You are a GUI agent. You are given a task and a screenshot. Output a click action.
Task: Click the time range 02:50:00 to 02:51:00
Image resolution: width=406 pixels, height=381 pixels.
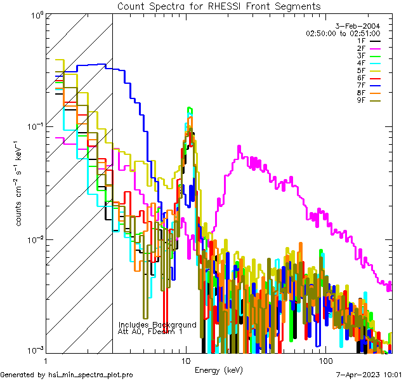pyautogui.click(x=343, y=33)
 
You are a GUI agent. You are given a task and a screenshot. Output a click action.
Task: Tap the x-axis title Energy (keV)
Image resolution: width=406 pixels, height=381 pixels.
pyautogui.click(x=219, y=370)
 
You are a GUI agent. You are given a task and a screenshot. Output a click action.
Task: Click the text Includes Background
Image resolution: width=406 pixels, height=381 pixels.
pyautogui.click(x=157, y=324)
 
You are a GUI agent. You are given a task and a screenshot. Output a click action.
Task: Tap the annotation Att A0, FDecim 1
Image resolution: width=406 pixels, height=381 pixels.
pyautogui.click(x=150, y=331)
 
